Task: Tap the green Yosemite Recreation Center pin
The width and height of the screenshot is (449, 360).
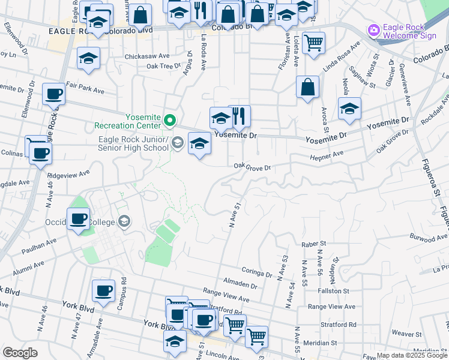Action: [x=170, y=121]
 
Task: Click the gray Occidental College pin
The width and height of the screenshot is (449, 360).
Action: [x=124, y=222]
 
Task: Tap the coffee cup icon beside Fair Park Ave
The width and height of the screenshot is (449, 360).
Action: [x=54, y=94]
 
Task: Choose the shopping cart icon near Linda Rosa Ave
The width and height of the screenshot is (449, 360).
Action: [x=313, y=43]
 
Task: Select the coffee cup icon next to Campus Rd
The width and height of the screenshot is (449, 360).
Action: [x=103, y=291]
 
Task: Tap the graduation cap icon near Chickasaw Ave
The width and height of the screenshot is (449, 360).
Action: [x=89, y=58]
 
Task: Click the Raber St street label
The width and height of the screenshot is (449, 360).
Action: [x=313, y=244]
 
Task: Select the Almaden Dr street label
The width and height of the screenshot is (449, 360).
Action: [x=240, y=282]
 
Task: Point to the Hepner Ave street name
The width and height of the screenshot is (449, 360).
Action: [x=327, y=154]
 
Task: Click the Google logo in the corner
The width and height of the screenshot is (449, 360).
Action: [x=20, y=353]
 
